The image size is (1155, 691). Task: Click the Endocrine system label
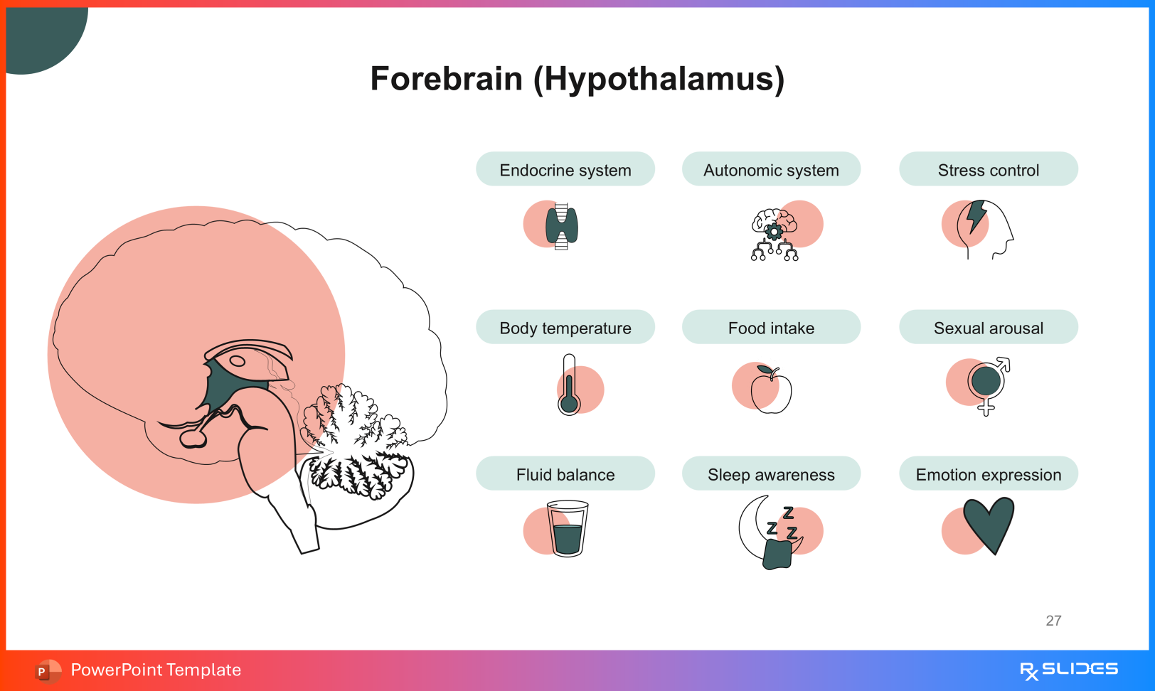[x=565, y=170]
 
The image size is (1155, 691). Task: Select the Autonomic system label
[x=771, y=170]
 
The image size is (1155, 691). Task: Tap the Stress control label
[x=988, y=170]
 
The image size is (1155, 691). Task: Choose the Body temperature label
[x=565, y=328]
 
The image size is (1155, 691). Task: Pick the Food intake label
[x=771, y=328]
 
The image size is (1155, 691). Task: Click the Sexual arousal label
[x=988, y=328]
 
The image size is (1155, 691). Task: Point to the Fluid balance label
[x=565, y=474]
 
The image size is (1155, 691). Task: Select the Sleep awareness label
[x=771, y=474]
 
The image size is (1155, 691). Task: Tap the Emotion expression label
[x=988, y=474]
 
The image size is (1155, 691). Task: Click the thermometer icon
[x=569, y=385]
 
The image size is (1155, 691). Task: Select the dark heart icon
[x=989, y=523]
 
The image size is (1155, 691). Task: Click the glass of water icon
[x=568, y=529]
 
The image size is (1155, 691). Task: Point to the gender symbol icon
[x=987, y=385]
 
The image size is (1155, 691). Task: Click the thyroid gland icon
[x=562, y=226]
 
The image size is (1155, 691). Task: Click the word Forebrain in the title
[x=447, y=79]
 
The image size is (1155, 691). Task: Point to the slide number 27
[x=1053, y=621]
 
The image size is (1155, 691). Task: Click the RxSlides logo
[x=1068, y=670]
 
